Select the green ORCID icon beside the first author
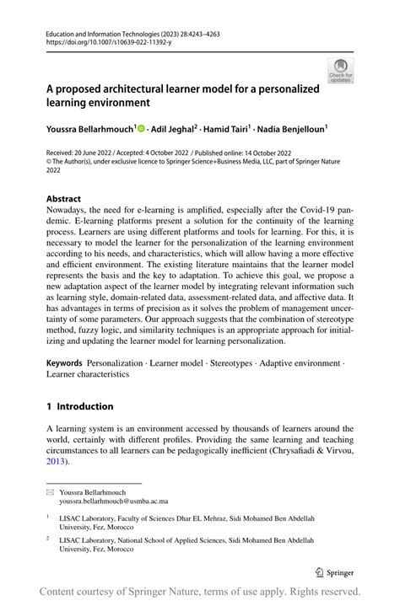[x=141, y=128]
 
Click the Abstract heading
[x=64, y=200]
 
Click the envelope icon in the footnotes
[x=50, y=490]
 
